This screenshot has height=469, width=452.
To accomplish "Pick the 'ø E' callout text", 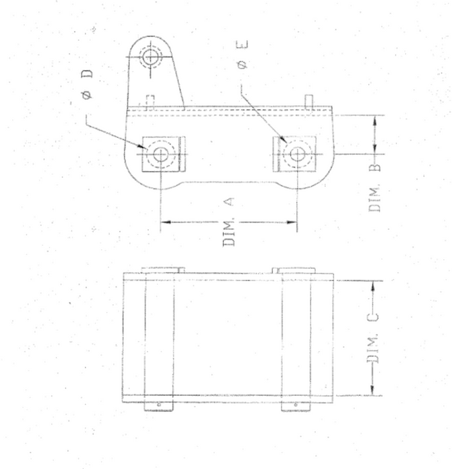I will click(x=243, y=56).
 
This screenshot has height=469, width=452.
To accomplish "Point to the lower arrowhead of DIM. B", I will click(x=375, y=149).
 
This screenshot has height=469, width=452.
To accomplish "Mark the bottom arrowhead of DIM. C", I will click(x=374, y=391).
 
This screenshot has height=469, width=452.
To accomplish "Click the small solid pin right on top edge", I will click(x=309, y=99).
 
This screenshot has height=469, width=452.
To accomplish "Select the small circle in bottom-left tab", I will click(x=159, y=405).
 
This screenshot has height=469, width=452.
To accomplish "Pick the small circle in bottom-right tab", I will click(x=294, y=405).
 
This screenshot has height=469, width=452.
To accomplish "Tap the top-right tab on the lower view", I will click(x=294, y=270).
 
